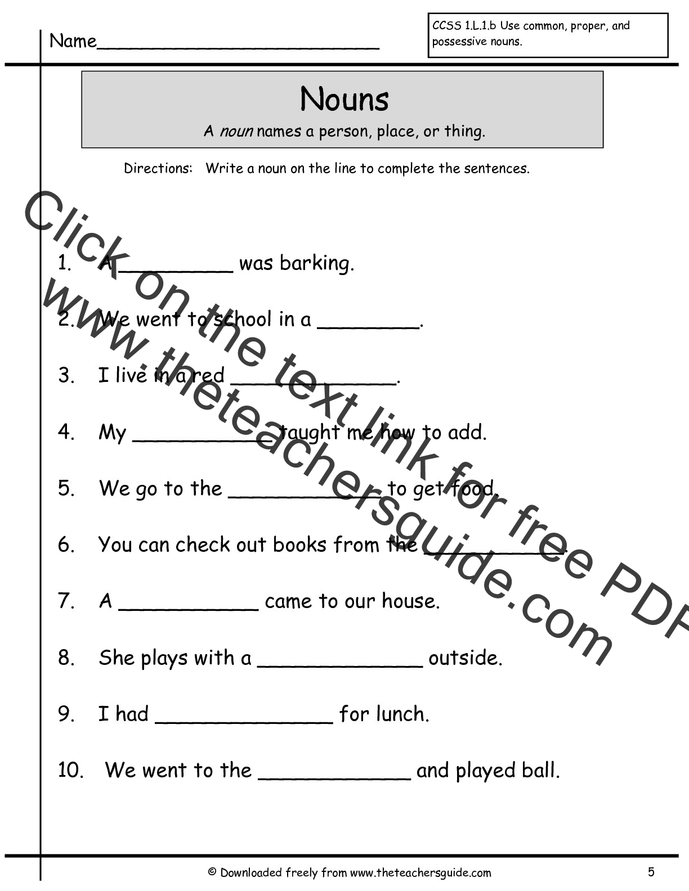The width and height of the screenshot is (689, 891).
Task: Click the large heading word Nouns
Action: point(344,100)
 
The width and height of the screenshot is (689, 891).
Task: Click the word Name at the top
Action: point(73,41)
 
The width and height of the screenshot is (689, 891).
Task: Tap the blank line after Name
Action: point(238,47)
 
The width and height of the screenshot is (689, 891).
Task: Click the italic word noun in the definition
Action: point(235,132)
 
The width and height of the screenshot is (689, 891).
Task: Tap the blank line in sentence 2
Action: point(369,326)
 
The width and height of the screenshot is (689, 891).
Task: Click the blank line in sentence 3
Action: point(314,382)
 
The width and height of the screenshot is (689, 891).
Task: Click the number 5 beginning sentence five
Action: point(66,488)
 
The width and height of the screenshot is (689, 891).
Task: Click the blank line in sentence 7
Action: point(189,608)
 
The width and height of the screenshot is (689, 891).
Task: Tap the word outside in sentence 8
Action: point(464,658)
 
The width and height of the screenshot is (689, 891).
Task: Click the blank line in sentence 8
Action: point(339,665)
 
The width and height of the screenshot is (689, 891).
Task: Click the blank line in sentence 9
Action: point(244,721)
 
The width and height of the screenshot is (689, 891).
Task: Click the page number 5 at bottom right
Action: point(651,872)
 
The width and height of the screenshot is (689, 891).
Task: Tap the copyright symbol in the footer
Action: point(212,872)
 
